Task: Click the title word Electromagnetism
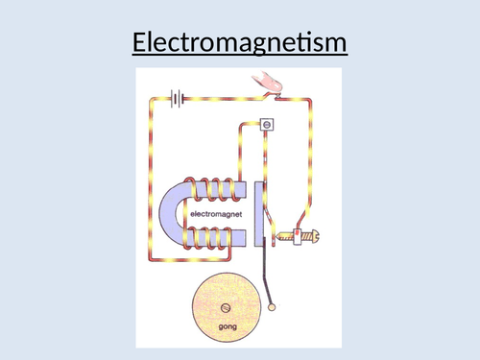click(238, 43)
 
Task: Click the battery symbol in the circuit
click(177, 96)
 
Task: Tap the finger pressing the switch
click(272, 86)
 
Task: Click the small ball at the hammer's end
click(275, 307)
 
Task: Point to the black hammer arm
click(272, 278)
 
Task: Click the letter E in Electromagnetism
click(137, 43)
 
